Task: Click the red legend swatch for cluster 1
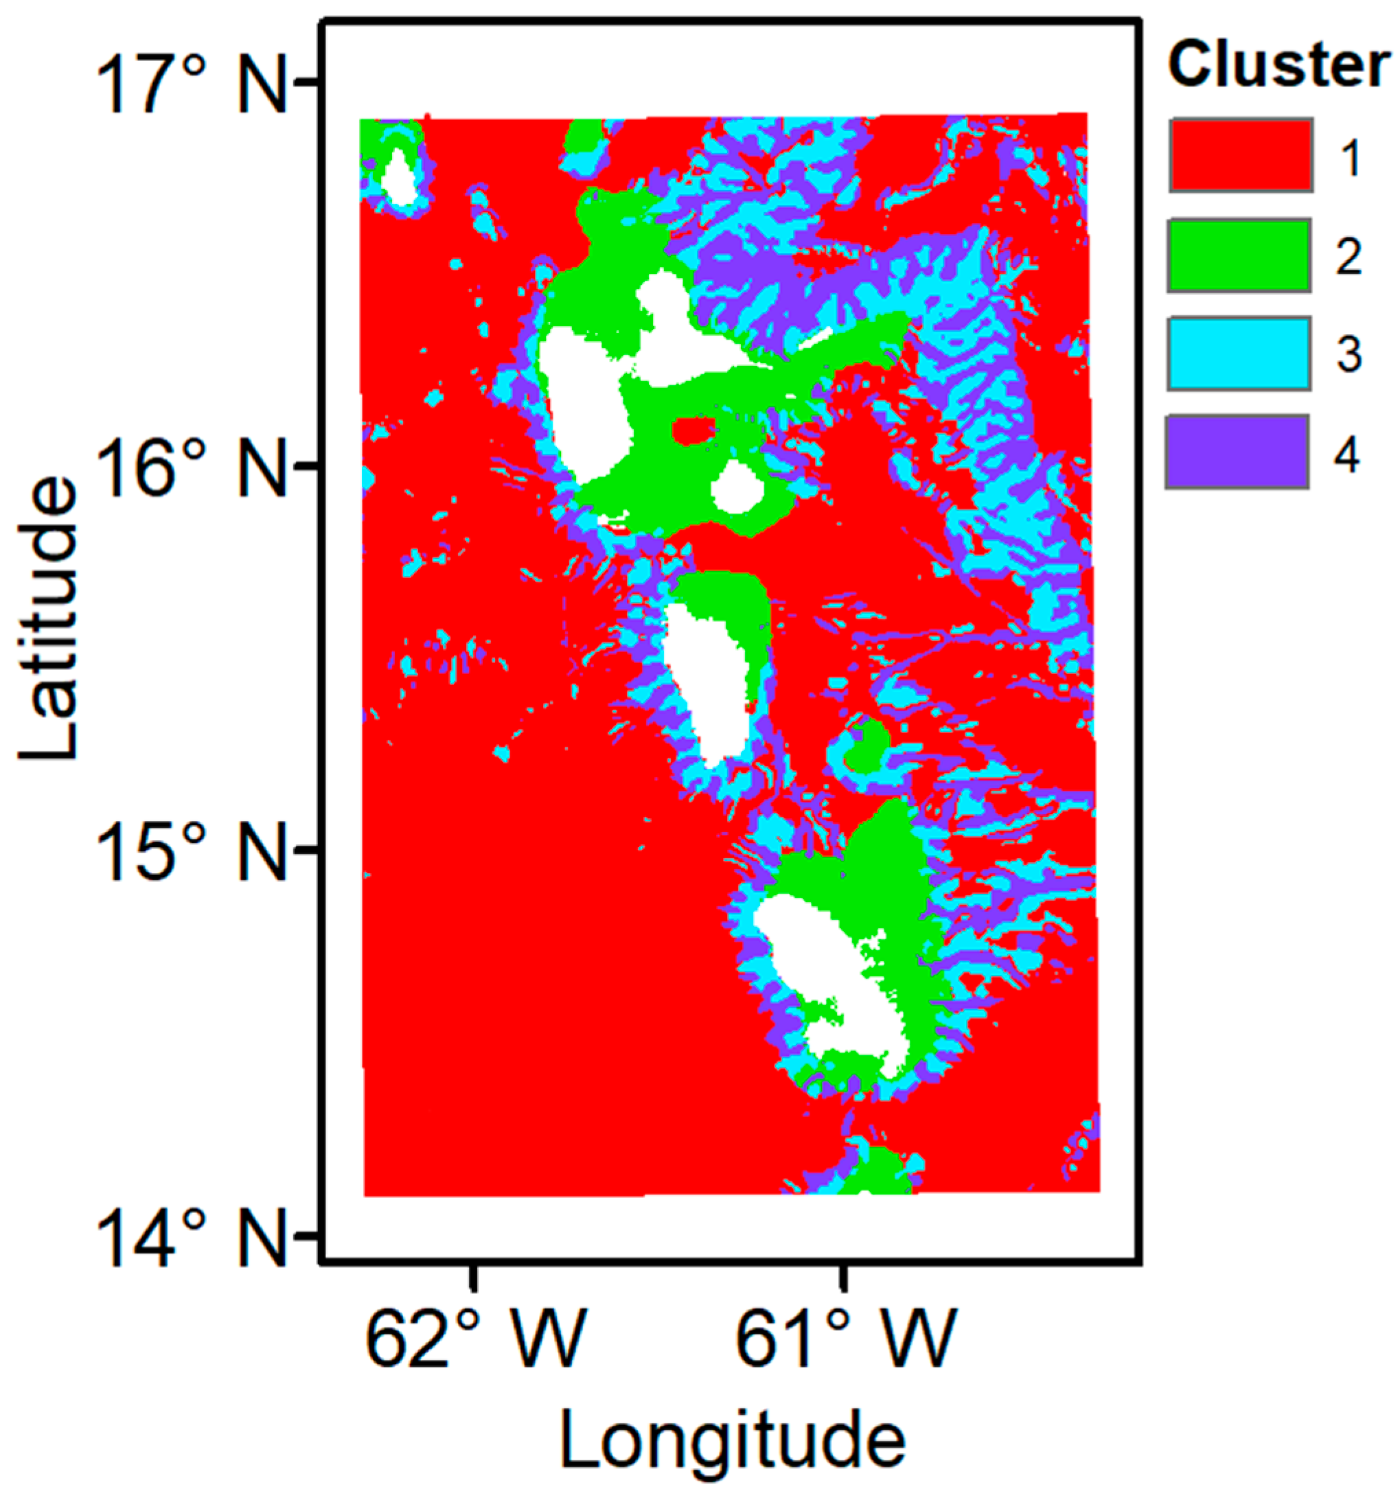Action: [1241, 154]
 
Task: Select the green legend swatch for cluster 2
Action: [1239, 255]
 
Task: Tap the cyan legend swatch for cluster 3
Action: [1239, 354]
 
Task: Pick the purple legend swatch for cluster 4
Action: [1238, 451]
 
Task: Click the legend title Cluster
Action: [1278, 67]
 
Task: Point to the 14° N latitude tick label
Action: [192, 1238]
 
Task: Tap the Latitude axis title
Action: [49, 619]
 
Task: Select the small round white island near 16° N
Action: [737, 487]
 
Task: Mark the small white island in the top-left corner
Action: [398, 175]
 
